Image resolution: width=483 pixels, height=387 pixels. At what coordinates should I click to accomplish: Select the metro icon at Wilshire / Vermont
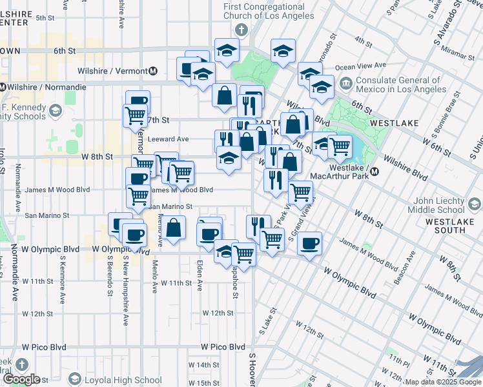[x=153, y=71]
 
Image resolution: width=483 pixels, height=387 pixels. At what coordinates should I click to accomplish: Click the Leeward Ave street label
[x=168, y=139]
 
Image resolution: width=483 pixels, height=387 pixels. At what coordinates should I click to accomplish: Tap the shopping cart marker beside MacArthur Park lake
[x=340, y=147]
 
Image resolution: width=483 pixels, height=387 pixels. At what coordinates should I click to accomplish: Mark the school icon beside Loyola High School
[x=75, y=379]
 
